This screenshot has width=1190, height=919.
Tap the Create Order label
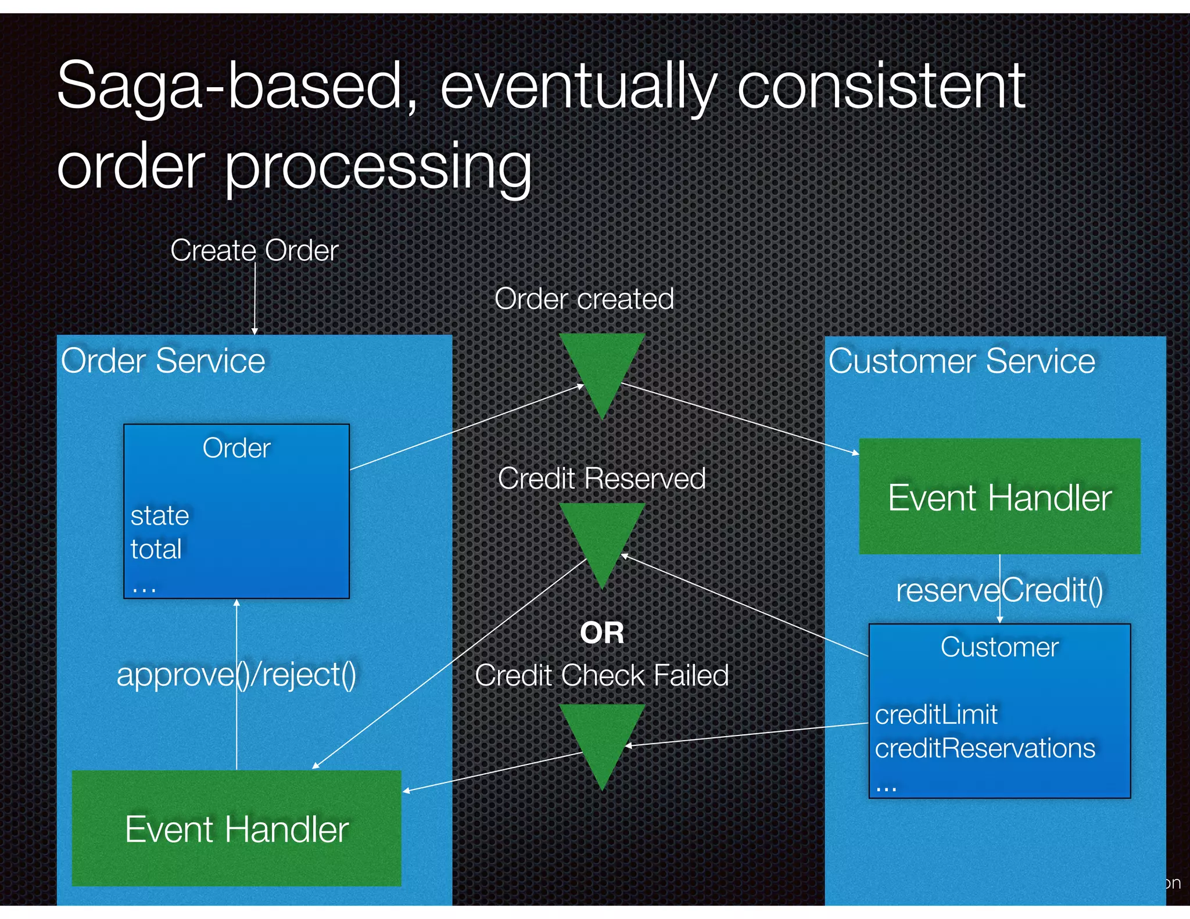254,251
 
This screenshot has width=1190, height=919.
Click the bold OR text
602,633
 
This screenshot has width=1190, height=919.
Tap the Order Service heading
163,361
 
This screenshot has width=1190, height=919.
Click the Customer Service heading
962,361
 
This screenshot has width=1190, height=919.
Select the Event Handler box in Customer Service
999,497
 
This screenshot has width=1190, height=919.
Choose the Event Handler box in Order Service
236,828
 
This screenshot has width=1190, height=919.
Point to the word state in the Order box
160,516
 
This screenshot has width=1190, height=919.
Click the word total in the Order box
156,549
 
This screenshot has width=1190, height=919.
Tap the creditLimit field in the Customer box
936,715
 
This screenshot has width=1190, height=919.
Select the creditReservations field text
985,748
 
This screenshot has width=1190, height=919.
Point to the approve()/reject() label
236,675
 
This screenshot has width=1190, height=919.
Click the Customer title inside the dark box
999,647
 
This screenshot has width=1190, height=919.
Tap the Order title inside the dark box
236,448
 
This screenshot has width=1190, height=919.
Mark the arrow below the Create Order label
255,299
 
